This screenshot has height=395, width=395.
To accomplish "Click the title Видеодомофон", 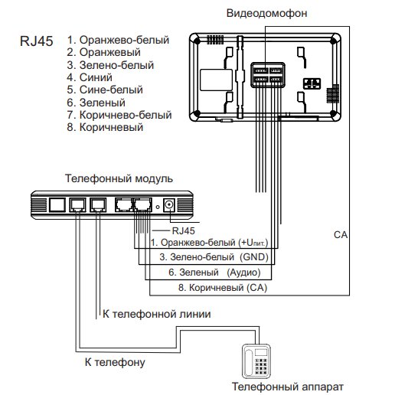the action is pos(266,13).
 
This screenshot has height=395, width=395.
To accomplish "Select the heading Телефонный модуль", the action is pos(119,178).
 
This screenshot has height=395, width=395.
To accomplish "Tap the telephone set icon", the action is pos(256,361).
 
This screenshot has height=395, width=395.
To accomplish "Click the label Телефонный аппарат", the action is pos(288,387).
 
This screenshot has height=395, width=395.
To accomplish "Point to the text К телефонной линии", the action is pos(157,314).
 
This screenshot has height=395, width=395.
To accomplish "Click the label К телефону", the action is pos(115,362).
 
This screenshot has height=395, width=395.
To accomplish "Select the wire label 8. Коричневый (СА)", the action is pos(223,288).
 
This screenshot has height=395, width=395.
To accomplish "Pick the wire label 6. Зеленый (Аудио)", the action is pos(214,273).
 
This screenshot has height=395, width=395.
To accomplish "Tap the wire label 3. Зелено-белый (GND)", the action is pos(214,257).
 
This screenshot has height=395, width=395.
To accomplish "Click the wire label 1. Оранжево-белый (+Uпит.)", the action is pos(209,243).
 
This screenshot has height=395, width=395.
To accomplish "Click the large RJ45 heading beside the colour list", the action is pos(37,41).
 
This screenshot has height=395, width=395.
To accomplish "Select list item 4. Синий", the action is pos(90,77).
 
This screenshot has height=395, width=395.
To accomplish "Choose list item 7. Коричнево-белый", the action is pos(119,115).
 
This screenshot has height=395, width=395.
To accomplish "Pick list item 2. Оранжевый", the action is pos(103,52).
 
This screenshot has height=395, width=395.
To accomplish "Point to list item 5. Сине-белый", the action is pos(105,90).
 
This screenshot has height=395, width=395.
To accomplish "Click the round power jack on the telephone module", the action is pos(168,204).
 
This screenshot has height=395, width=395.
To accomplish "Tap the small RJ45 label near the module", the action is pos(183,230).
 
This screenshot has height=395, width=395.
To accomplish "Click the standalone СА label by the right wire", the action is pos(341,235).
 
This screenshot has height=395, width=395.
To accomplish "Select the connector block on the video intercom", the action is pos(268,75).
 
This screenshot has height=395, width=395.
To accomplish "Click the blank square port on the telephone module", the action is pos(57,204).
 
